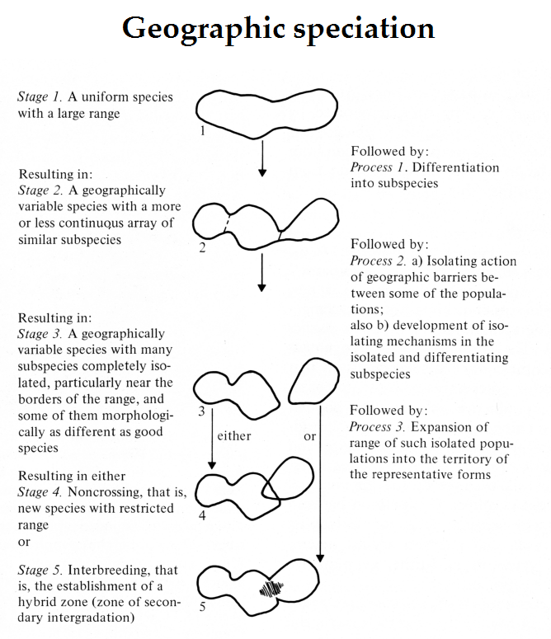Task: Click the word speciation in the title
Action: pos(365,29)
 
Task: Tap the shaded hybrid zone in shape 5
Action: pos(270,589)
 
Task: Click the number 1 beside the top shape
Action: pos(202,129)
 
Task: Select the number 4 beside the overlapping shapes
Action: pos(202,517)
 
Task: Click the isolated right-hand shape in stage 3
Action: pos(312,387)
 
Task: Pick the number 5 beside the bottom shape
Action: pos(202,608)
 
